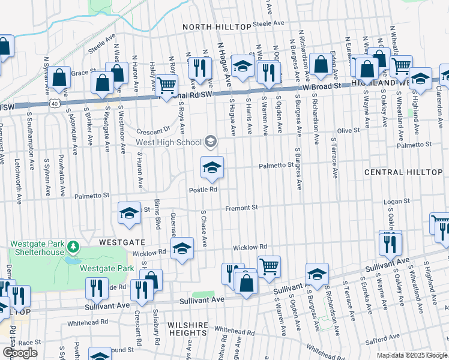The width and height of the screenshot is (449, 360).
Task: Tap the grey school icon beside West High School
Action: [x=211, y=142]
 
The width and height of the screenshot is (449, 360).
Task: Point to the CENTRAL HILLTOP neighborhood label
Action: [x=403, y=172]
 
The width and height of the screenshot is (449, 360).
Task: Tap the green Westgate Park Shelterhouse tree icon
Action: [x=73, y=247]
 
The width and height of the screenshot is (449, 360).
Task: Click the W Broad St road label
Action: [x=322, y=86]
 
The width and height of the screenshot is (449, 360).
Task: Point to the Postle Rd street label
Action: [x=203, y=190]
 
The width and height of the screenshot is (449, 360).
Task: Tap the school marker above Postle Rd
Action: [x=212, y=168]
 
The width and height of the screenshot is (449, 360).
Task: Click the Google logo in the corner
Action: [x=20, y=353]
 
